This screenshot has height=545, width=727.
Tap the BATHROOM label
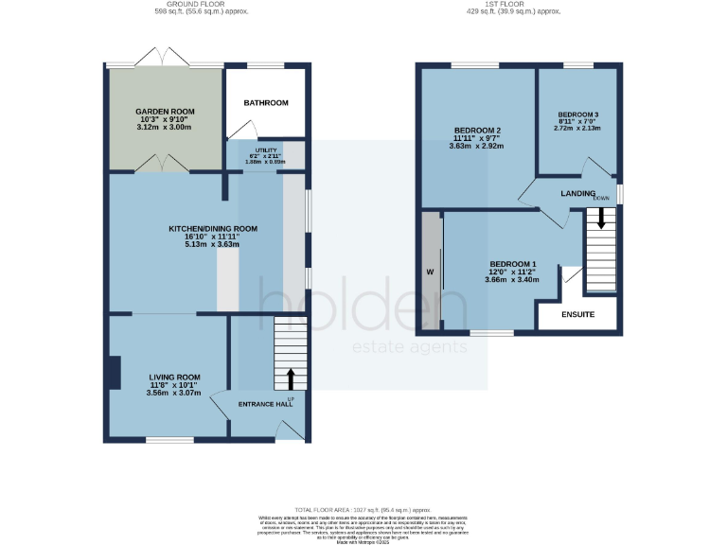pyautogui.click(x=265, y=103)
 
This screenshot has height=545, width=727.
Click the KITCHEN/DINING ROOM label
pyautogui.click(x=213, y=228)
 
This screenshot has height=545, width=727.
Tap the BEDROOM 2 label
pyautogui.click(x=477, y=130)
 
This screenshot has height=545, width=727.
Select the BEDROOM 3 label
pyautogui.click(x=576, y=114)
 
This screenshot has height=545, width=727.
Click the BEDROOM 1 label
pyautogui.click(x=512, y=263)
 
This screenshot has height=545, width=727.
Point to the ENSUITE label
pyautogui.click(x=577, y=314)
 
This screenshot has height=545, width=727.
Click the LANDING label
pyautogui.click(x=577, y=193)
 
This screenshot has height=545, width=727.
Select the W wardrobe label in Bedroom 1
pyautogui.click(x=430, y=272)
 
